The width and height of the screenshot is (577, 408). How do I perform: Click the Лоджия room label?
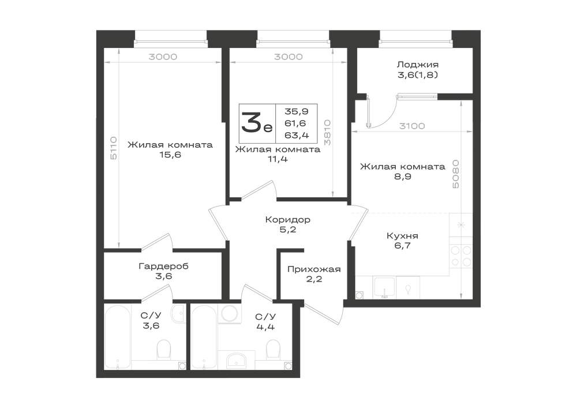(x=417, y=65)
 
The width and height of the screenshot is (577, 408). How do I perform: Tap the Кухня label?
(x=402, y=235)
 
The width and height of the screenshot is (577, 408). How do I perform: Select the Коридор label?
(x=287, y=220)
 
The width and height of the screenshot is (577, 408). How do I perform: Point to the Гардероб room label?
(x=163, y=266)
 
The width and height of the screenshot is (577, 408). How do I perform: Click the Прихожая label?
(x=314, y=269)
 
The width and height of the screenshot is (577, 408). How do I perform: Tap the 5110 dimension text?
(x=114, y=148)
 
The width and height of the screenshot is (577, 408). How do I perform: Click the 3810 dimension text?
(x=327, y=132)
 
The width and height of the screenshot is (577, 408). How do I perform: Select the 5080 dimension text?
(x=456, y=174)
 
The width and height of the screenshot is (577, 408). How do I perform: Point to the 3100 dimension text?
(x=412, y=126)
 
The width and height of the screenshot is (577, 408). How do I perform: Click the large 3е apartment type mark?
(x=257, y=122)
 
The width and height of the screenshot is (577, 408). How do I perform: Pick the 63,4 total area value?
(x=297, y=136)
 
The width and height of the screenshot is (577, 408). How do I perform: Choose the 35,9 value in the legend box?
(x=297, y=111)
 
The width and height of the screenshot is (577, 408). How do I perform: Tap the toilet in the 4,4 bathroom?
(x=273, y=349)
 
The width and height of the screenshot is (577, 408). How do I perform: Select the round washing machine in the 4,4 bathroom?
(x=230, y=313)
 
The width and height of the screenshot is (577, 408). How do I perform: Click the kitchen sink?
(x=384, y=287)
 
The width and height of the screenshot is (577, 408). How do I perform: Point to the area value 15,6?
(x=170, y=155)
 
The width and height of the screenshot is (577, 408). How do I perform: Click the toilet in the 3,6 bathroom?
(x=164, y=349)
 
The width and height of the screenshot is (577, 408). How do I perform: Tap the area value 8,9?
(x=403, y=177)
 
